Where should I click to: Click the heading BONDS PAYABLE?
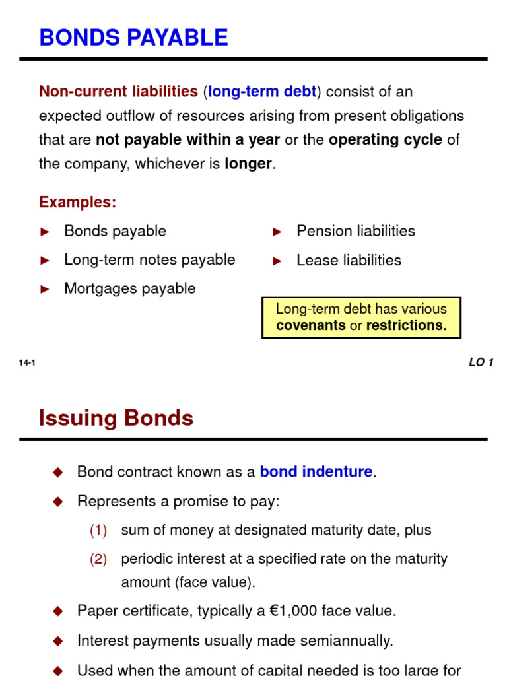pos(133,38)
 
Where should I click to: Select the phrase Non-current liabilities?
pos(118,92)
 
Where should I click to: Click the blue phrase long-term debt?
pos(262,92)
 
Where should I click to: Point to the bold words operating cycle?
pos(385,140)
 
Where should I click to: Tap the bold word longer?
pos(248,164)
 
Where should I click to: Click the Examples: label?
pos(77,202)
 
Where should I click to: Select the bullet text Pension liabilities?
pos(356,231)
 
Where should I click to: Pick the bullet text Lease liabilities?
pos(349,260)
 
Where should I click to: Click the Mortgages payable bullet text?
pos(130,288)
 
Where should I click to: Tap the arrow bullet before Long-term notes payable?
pos(46,260)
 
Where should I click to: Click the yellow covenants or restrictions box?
pos(361,318)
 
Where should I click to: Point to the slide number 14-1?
pos(27,362)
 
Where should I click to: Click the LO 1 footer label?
pos(481,362)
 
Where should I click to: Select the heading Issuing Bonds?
pos(116,418)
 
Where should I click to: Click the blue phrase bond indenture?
pos(316,472)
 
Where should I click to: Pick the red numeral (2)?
pos(98,559)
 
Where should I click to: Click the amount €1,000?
pos(294,611)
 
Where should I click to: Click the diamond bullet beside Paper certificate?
pos(57,611)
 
